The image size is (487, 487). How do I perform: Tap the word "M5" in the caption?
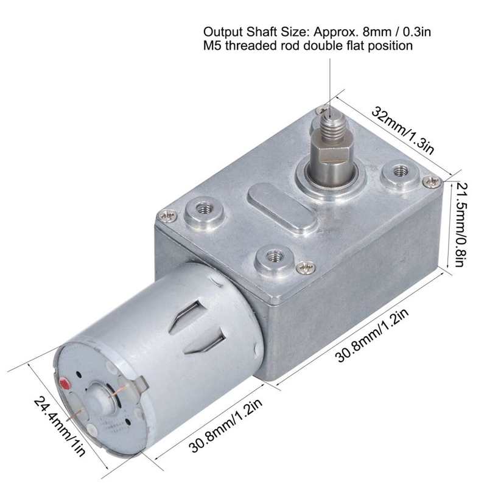(211, 46)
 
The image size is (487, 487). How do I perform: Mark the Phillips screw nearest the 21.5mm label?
(432, 180)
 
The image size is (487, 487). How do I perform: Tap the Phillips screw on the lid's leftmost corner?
(168, 214)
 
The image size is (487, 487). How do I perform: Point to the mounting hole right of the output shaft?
(399, 170)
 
